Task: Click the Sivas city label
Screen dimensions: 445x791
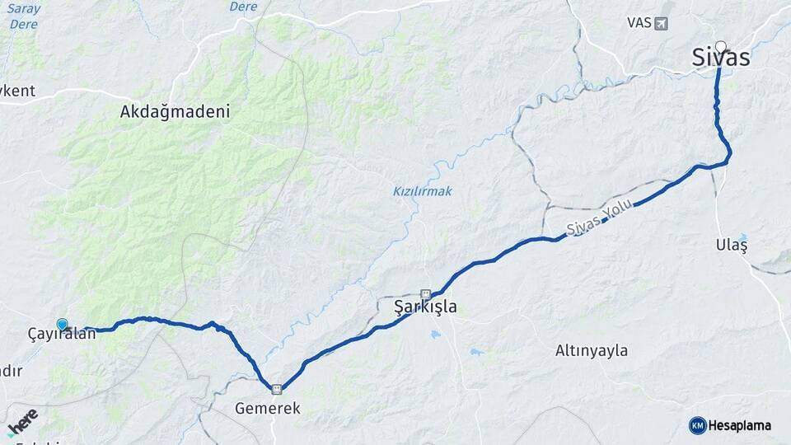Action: (x=721, y=58)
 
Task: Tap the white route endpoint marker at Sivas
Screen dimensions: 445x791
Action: (x=721, y=47)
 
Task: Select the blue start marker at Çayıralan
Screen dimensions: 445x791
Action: (x=62, y=325)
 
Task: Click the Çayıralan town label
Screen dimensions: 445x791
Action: (x=62, y=335)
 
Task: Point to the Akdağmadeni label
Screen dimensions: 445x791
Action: (x=175, y=111)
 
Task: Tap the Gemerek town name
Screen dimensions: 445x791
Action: (x=268, y=408)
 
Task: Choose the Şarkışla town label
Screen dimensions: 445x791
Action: (x=425, y=307)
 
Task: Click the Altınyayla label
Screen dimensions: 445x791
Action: (x=591, y=350)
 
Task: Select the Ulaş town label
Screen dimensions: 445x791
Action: (x=732, y=245)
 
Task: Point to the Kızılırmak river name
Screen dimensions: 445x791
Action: (x=422, y=191)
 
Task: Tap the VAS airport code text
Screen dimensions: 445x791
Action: (x=639, y=23)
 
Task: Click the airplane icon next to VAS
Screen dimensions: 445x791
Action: (x=661, y=23)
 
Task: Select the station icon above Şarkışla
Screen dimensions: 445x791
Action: (x=425, y=293)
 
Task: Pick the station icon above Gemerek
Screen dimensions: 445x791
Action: (x=277, y=389)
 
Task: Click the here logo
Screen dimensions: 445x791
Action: (x=23, y=422)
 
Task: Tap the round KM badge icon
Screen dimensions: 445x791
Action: (x=697, y=425)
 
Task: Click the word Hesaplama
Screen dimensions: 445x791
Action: (x=740, y=425)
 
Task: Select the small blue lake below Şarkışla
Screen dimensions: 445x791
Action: (x=434, y=334)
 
